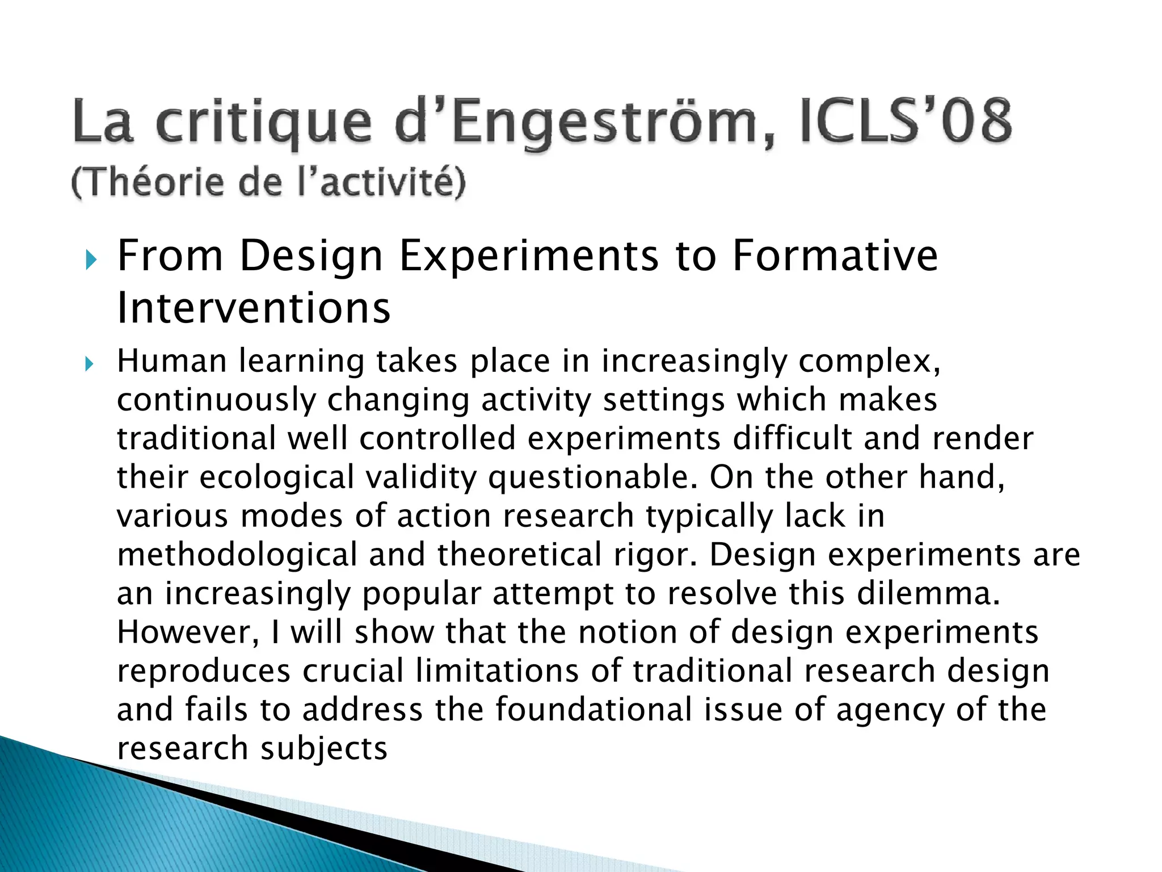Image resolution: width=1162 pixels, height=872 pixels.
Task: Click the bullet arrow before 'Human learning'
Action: tap(89, 363)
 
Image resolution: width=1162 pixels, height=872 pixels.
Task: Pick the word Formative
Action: tap(835, 256)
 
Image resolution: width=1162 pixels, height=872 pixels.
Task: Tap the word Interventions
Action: tap(254, 308)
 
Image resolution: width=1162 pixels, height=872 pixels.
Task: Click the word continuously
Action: tap(216, 400)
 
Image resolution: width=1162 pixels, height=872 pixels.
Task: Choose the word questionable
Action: tap(592, 477)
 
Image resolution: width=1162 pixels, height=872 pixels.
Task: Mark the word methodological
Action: tap(237, 555)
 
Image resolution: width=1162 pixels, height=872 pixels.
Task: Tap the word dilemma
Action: tap(928, 593)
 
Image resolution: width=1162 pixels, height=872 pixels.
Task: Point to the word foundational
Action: tap(593, 710)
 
